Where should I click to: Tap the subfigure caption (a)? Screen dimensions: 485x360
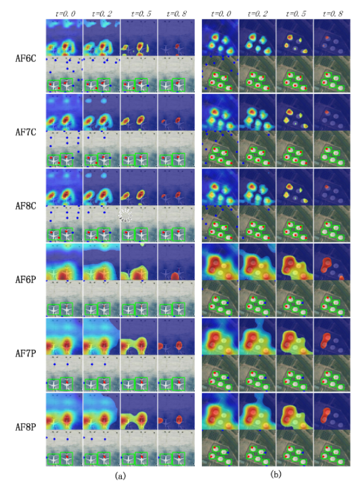click(x=119, y=475)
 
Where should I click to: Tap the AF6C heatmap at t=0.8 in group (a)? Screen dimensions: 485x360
click(x=176, y=38)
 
